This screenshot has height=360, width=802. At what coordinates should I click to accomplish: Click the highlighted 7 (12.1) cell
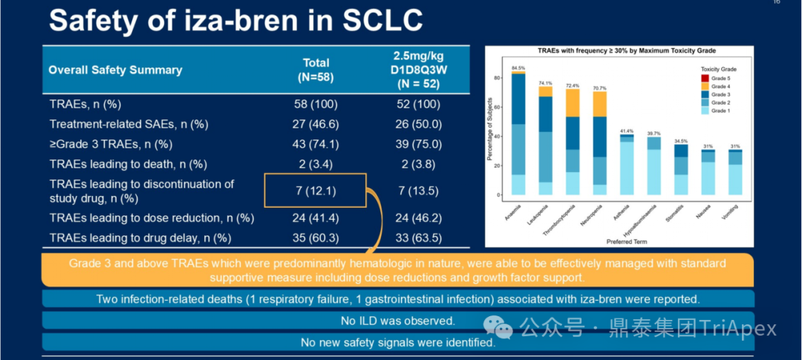click(x=315, y=191)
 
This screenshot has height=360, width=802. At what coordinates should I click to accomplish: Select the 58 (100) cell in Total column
click(x=316, y=105)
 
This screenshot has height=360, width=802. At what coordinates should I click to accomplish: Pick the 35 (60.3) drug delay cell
click(x=316, y=238)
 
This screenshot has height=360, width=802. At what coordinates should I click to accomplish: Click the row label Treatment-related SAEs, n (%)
click(x=128, y=125)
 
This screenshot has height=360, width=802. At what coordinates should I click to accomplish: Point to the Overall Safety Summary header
click(x=115, y=70)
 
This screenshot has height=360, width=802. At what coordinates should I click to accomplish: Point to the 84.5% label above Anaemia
click(x=518, y=68)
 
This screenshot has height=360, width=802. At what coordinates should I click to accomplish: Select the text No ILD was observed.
click(x=398, y=321)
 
